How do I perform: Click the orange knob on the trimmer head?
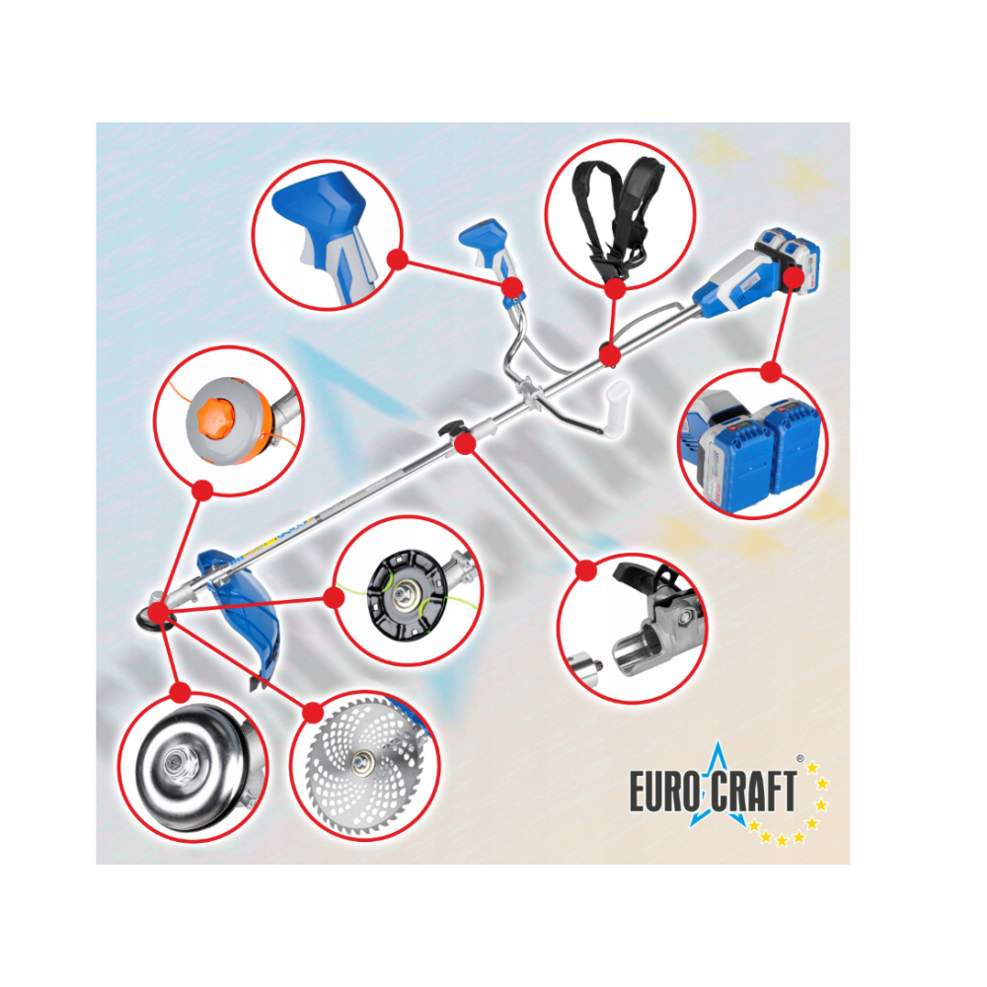(x=216, y=417)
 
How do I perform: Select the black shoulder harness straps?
(x=618, y=218)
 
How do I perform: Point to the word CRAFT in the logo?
(x=753, y=792)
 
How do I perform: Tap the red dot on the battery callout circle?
(x=771, y=371)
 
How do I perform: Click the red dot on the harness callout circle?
(x=615, y=288)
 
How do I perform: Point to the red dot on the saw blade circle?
(x=312, y=713)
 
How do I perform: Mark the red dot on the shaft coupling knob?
(x=465, y=444)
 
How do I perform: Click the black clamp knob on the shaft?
(x=449, y=428)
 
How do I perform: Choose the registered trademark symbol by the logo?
(x=800, y=758)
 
